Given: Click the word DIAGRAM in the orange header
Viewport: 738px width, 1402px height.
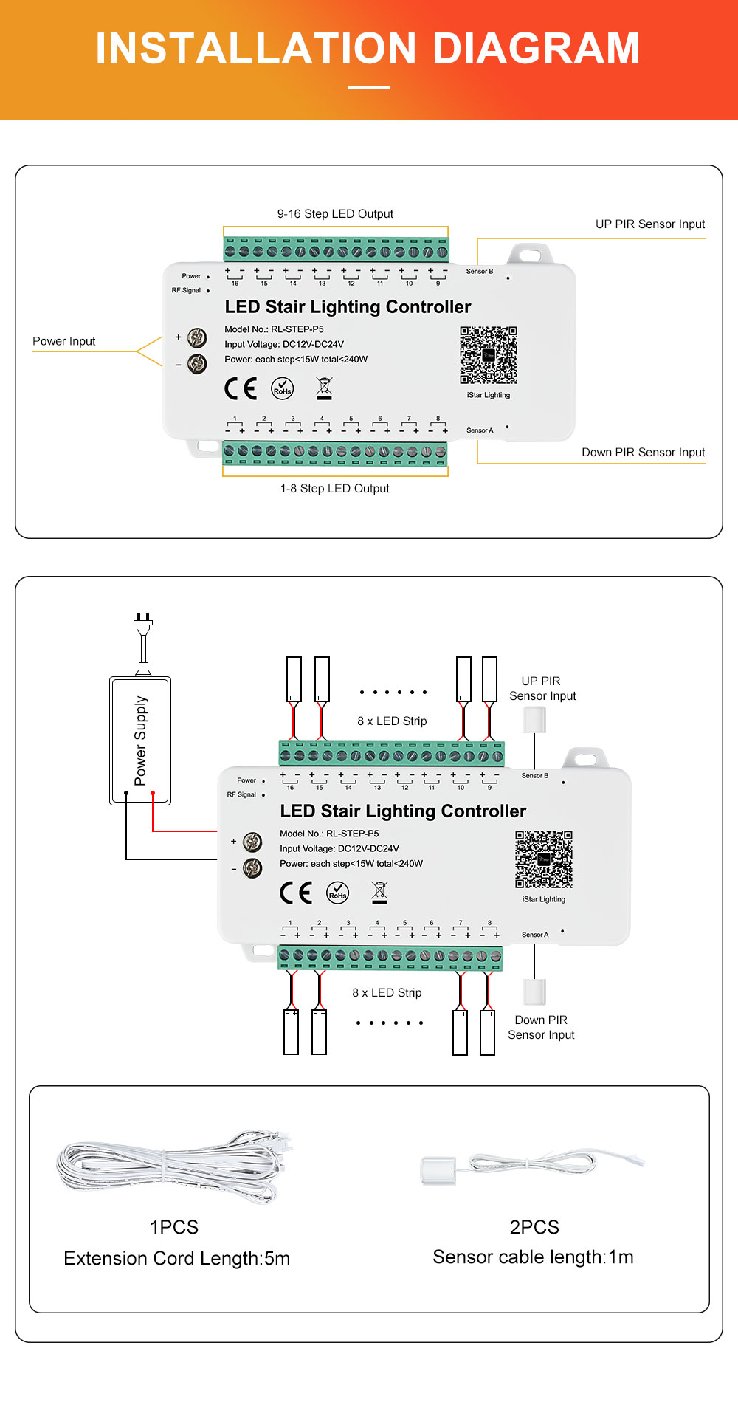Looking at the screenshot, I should point(536,49).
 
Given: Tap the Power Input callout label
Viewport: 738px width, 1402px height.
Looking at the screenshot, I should point(64,341).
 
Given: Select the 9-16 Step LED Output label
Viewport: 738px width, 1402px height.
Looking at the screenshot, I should point(335,214).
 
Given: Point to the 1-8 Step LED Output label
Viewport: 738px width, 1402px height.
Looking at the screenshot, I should point(334,489).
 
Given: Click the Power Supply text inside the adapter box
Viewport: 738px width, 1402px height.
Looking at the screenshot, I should point(140,740).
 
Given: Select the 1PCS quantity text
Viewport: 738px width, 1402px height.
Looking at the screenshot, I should point(174,1227).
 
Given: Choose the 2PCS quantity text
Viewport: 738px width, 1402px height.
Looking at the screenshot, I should point(534,1227).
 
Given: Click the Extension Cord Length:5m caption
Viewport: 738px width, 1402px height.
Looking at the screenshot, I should point(177,1258).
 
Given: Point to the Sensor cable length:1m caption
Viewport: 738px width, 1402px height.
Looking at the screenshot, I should point(533,1257).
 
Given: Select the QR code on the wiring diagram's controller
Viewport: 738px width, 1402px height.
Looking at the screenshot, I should point(544,859).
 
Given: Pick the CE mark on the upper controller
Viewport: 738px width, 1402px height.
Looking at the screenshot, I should point(241,388).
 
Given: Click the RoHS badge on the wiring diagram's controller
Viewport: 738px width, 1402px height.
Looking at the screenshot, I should point(338,893).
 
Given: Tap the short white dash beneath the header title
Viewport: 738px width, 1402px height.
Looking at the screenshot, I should point(369,87).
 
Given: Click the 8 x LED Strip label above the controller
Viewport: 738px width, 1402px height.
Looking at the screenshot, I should point(392,721).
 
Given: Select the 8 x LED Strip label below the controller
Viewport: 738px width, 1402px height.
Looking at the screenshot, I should point(387,993).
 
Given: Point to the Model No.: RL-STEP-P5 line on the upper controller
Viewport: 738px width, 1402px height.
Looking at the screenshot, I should point(274,329).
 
